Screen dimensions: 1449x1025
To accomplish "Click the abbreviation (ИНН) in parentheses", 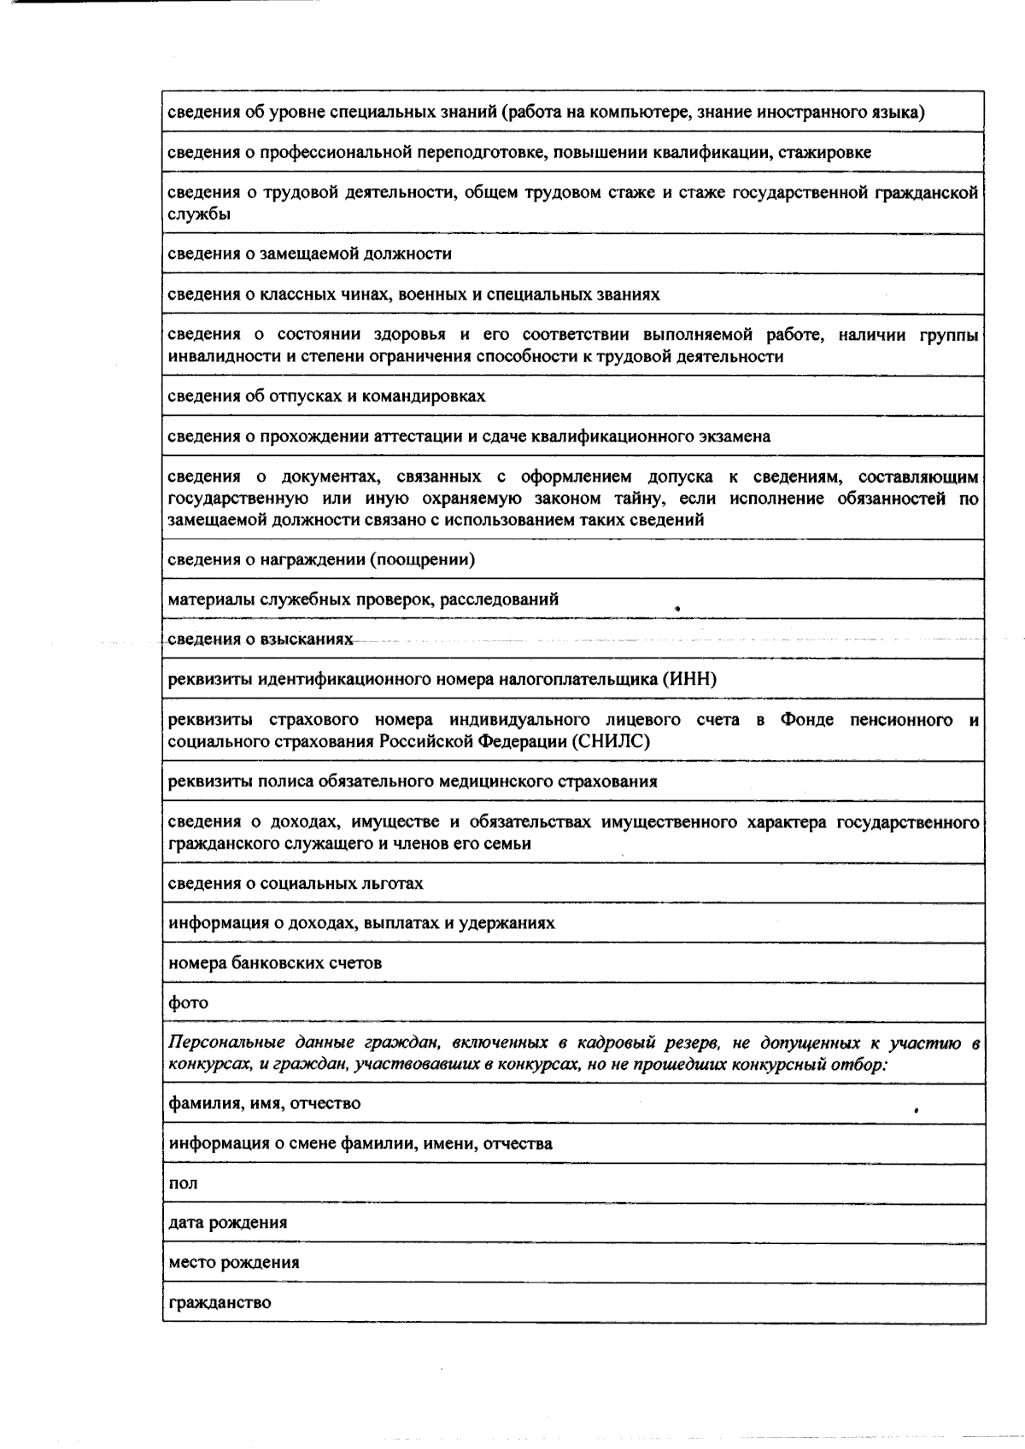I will tap(688, 680).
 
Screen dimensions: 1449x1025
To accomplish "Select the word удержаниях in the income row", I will tap(509, 923).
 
